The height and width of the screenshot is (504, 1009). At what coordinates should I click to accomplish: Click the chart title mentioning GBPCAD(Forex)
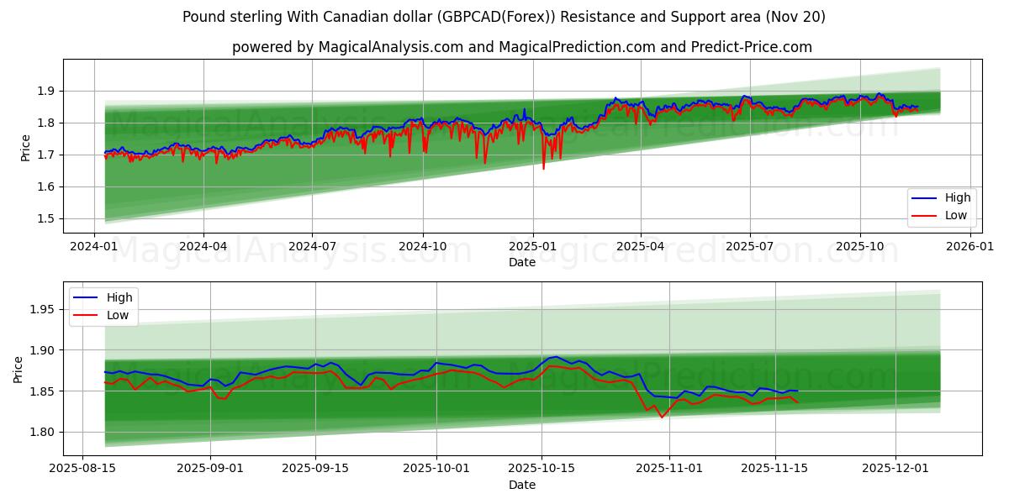504,17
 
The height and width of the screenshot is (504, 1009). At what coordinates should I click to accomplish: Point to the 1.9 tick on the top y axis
47,91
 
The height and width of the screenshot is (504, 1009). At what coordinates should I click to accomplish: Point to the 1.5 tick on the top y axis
47,218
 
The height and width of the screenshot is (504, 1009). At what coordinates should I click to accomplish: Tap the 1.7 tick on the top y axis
47,155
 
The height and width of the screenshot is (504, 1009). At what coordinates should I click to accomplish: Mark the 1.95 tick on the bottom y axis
44,309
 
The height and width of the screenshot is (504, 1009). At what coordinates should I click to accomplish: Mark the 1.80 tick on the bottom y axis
44,432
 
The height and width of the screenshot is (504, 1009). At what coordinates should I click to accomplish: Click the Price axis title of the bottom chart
18,369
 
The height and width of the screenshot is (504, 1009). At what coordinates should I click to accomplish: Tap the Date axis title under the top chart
521,262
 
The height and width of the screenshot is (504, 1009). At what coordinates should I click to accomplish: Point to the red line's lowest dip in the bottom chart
662,417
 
